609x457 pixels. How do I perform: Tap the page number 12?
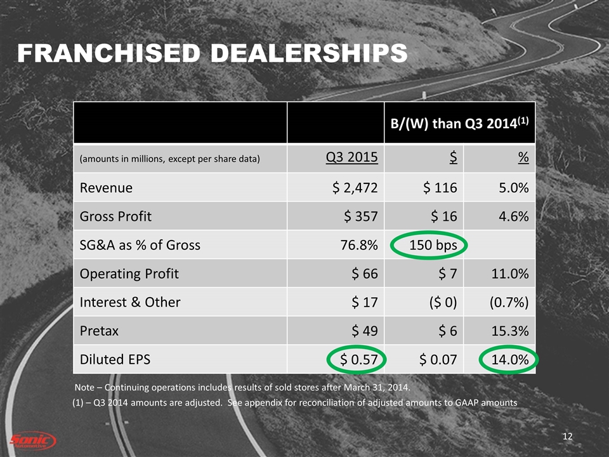568,436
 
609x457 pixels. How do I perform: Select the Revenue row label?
106,187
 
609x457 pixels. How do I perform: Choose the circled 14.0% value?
509,359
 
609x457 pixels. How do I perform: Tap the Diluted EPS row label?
115,359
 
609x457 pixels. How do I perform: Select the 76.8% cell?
362,244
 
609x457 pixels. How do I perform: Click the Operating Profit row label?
129,274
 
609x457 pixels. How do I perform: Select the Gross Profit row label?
115,216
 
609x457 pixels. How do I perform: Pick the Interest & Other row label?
129,302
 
